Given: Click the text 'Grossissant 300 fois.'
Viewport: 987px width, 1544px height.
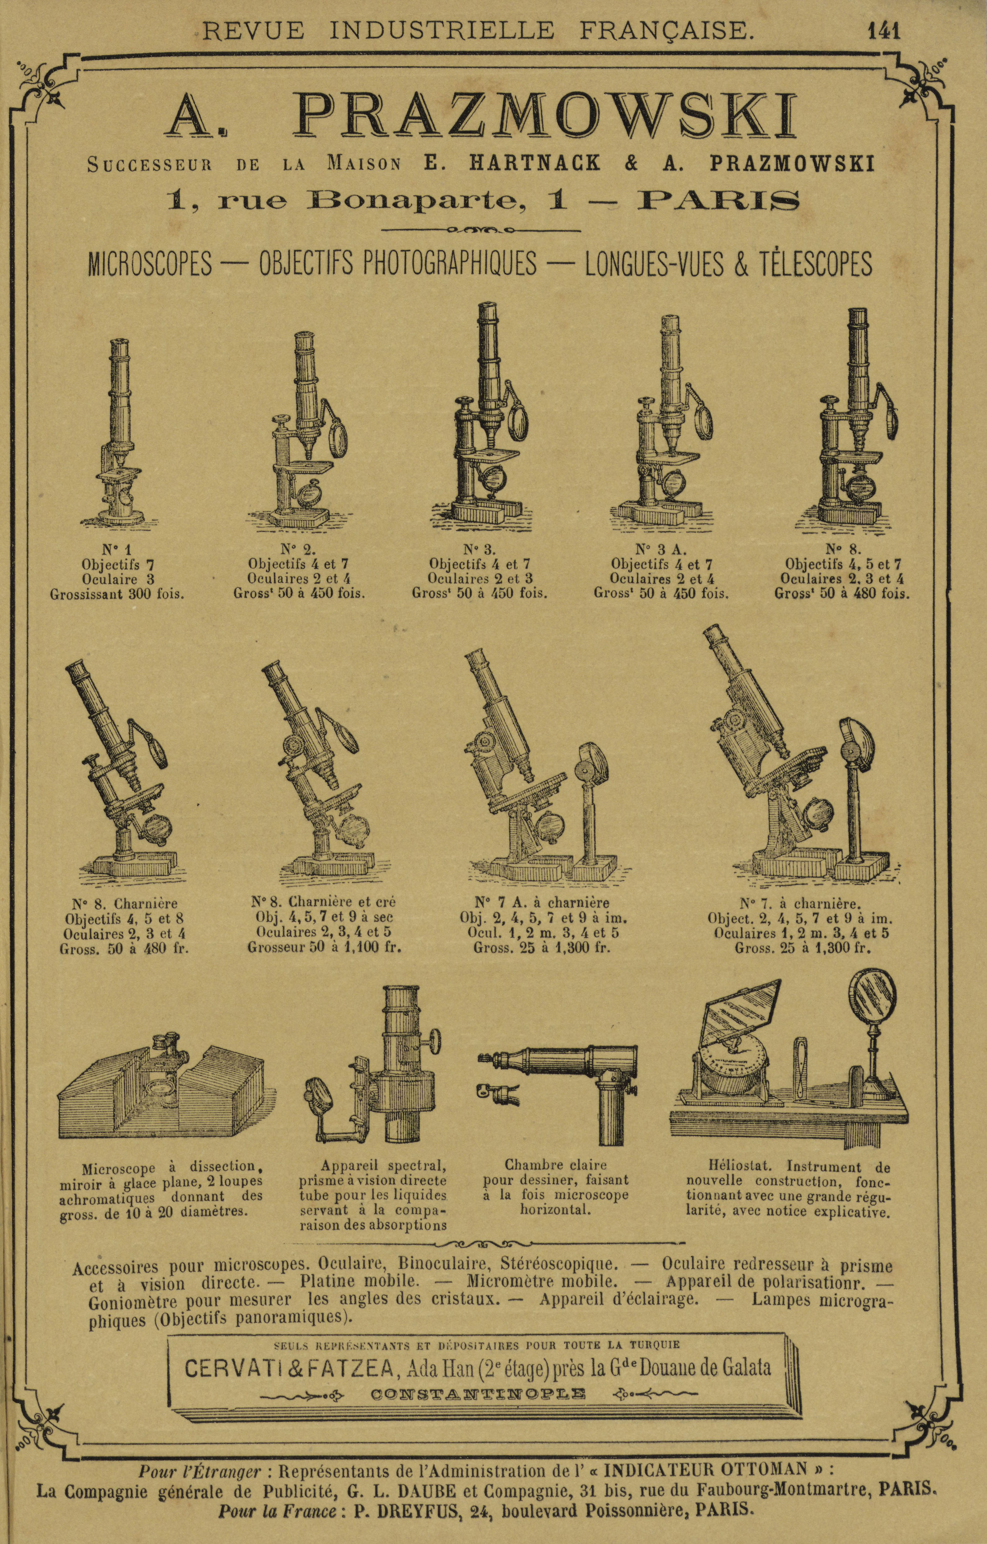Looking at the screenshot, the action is (117, 593).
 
